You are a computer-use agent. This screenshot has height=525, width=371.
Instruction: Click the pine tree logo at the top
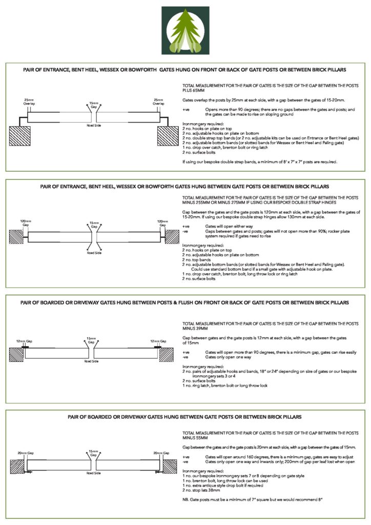[185, 30]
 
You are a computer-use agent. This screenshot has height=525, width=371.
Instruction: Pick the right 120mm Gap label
[163, 223]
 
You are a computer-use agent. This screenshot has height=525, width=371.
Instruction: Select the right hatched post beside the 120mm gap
[172, 236]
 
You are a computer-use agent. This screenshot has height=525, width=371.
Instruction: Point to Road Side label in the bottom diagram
[94, 474]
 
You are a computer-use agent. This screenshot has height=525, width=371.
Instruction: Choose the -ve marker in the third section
[186, 357]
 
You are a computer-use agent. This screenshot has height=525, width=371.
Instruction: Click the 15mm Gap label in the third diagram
[91, 340]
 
